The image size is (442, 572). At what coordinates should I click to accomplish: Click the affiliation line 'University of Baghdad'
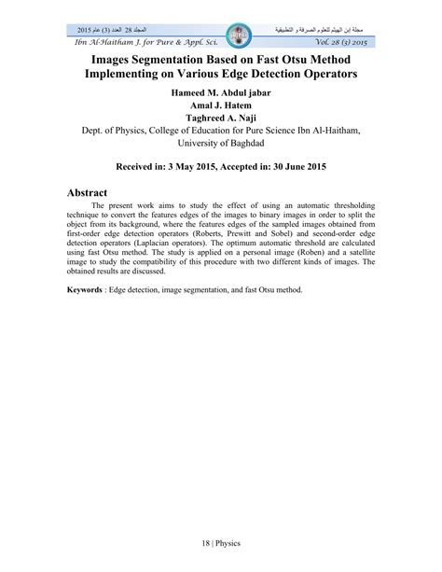point(220,162)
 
